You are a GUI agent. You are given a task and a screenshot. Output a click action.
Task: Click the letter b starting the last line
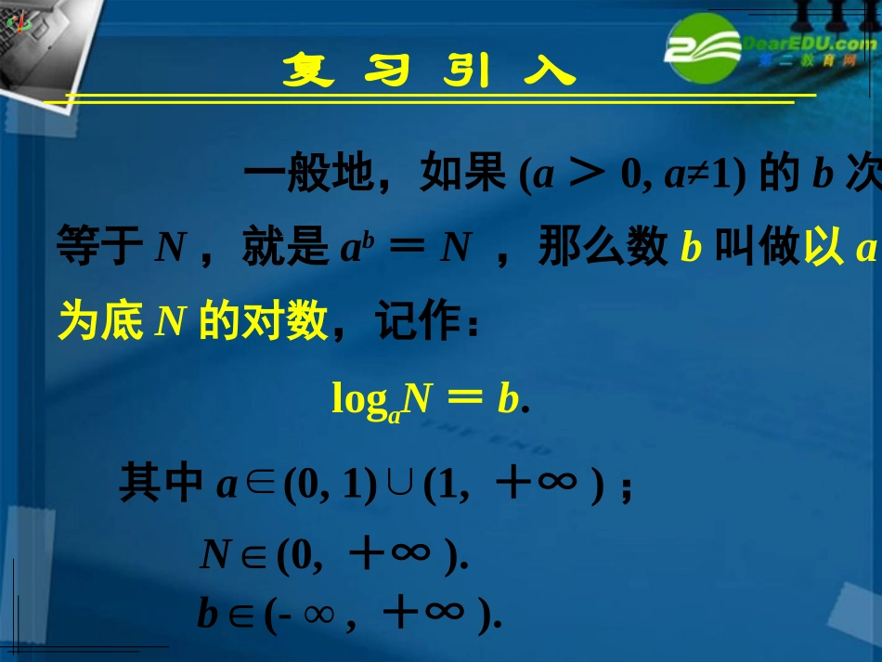[206, 615]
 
